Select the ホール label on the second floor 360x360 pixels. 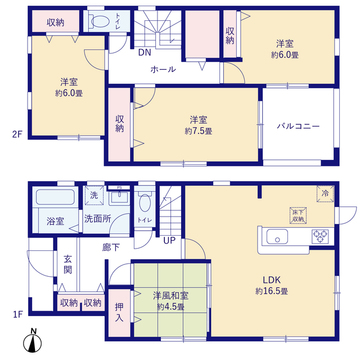click(x=162, y=70)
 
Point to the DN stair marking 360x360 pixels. click(x=144, y=52)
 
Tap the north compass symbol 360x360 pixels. click(x=33, y=343)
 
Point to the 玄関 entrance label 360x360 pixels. click(x=68, y=264)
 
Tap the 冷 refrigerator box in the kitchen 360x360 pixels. click(x=325, y=193)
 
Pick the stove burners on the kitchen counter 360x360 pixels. click(x=321, y=236)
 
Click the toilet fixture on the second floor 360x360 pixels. click(x=98, y=21)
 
